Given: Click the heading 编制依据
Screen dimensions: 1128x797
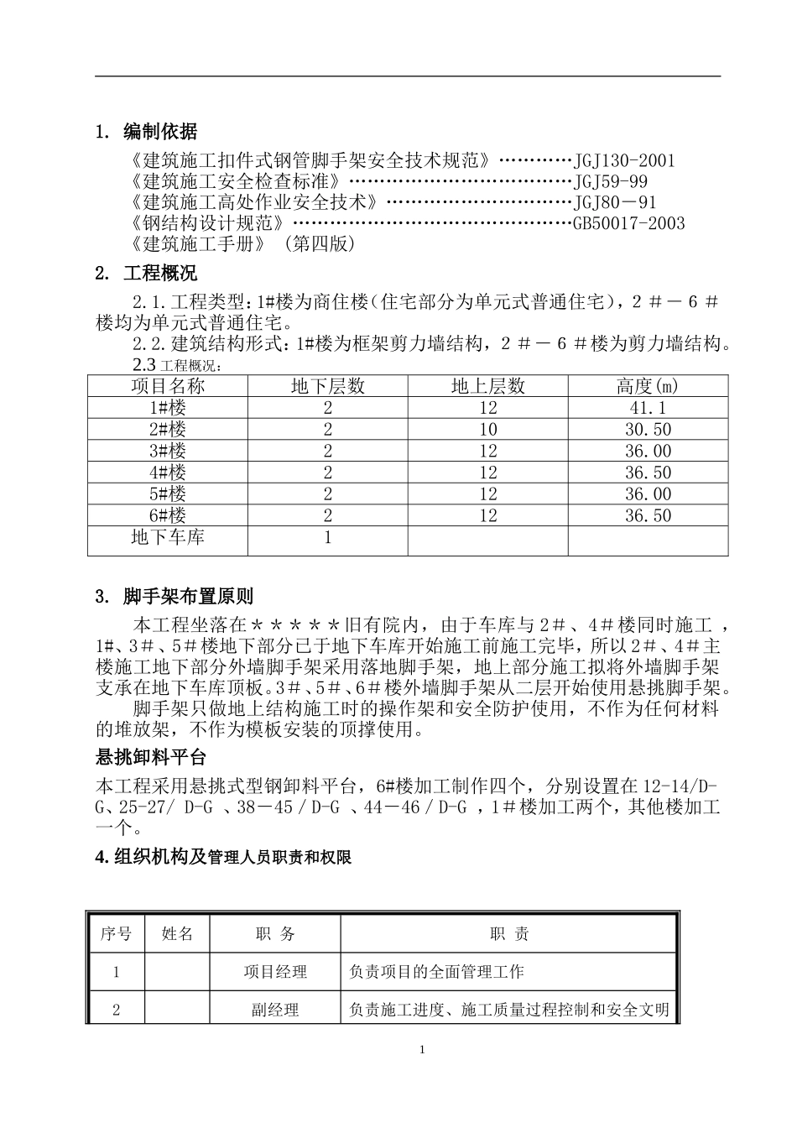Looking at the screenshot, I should pyautogui.click(x=159, y=132).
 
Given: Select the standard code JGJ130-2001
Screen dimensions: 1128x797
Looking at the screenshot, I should pyautogui.click(x=624, y=160).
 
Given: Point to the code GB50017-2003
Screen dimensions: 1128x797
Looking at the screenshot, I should pyautogui.click(x=628, y=223).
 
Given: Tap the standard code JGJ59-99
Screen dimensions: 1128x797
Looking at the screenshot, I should pyautogui.click(x=611, y=181).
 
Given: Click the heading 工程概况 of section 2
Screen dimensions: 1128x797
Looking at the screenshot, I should pyautogui.click(x=159, y=274).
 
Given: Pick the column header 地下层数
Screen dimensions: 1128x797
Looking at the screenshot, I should pyautogui.click(x=327, y=386).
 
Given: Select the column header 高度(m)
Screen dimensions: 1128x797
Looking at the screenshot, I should pyautogui.click(x=648, y=386).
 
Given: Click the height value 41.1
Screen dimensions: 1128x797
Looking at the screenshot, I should pyautogui.click(x=648, y=408).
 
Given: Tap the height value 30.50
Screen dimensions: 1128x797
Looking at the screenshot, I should pyautogui.click(x=648, y=430).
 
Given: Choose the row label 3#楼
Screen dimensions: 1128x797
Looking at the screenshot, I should pyautogui.click(x=168, y=451).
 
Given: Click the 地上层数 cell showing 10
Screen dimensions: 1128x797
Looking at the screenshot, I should pyautogui.click(x=487, y=430).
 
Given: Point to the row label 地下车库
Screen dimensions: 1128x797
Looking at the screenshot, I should pyautogui.click(x=168, y=537).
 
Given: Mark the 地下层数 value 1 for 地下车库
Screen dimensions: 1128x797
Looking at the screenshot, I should pyautogui.click(x=327, y=537).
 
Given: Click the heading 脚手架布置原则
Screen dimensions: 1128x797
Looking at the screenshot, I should pyautogui.click(x=187, y=598).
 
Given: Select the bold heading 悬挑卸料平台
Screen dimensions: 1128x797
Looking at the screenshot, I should pyautogui.click(x=151, y=758).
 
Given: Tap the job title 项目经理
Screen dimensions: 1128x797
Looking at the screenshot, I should pyautogui.click(x=275, y=972).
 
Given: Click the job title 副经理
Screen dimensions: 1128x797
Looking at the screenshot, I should pyautogui.click(x=275, y=1010).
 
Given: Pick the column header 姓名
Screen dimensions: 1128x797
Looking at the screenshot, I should pyautogui.click(x=177, y=934).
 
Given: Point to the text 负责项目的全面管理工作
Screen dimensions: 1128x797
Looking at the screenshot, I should pyautogui.click(x=436, y=972).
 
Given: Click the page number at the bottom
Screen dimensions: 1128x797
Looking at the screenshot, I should pyautogui.click(x=423, y=1050).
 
